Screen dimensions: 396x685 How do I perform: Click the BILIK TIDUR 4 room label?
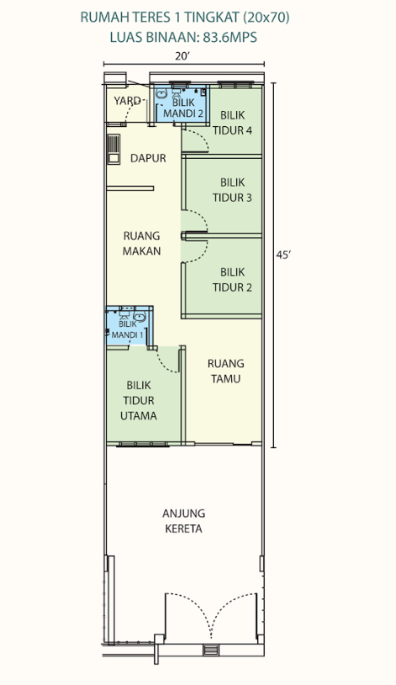click(232, 123)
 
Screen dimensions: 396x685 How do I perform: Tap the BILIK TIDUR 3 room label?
click(232, 190)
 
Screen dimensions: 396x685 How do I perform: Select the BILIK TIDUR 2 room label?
click(232, 280)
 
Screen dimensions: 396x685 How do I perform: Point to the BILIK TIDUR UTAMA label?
click(139, 400)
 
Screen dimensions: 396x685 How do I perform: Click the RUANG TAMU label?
click(225, 371)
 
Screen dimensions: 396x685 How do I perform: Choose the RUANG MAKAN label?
click(141, 244)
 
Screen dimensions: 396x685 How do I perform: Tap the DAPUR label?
click(148, 158)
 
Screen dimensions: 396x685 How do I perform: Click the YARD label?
click(127, 101)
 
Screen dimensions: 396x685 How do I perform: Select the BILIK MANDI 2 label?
click(183, 108)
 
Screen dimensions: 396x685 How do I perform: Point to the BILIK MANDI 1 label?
click(128, 329)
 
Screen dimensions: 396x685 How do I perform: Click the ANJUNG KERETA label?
click(184, 521)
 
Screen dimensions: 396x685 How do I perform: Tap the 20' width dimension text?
click(183, 56)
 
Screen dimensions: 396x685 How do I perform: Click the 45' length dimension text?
click(283, 255)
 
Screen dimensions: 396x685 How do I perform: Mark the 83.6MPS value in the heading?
click(230, 37)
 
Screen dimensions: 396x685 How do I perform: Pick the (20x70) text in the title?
click(267, 18)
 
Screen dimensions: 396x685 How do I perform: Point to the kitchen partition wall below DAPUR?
click(130, 188)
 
